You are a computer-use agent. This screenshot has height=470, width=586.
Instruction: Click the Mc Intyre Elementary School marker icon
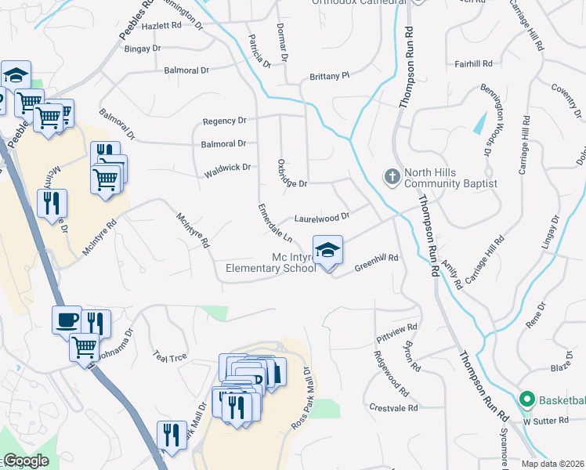pos(327,251)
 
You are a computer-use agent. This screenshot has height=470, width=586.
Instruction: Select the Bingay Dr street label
pos(143,49)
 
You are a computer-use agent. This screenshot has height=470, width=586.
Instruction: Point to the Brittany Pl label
pos(329,77)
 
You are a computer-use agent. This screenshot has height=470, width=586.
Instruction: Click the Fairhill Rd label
pos(473,63)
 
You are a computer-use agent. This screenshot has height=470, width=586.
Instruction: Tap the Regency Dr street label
pos(224,121)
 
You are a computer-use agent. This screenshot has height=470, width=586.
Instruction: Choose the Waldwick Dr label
pos(226,167)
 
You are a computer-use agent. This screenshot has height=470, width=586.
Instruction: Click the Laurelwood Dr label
pos(320,217)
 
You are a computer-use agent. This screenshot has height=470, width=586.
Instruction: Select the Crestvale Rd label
pos(393,408)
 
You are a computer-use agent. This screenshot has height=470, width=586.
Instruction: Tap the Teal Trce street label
pos(169,356)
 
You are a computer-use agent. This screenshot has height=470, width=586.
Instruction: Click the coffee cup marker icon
pos(67,319)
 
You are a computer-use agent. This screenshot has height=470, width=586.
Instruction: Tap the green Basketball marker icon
pos(526,399)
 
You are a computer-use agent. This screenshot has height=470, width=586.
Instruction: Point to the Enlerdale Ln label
pos(276,223)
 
